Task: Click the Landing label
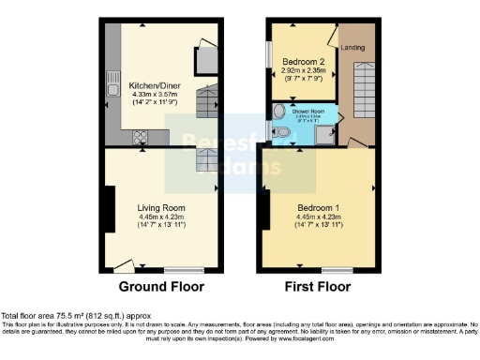[x=353, y=48]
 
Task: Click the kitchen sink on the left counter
[x=111, y=78]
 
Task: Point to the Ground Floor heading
[x=161, y=287]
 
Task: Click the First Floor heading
[x=319, y=287]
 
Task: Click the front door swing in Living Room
[x=123, y=266]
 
